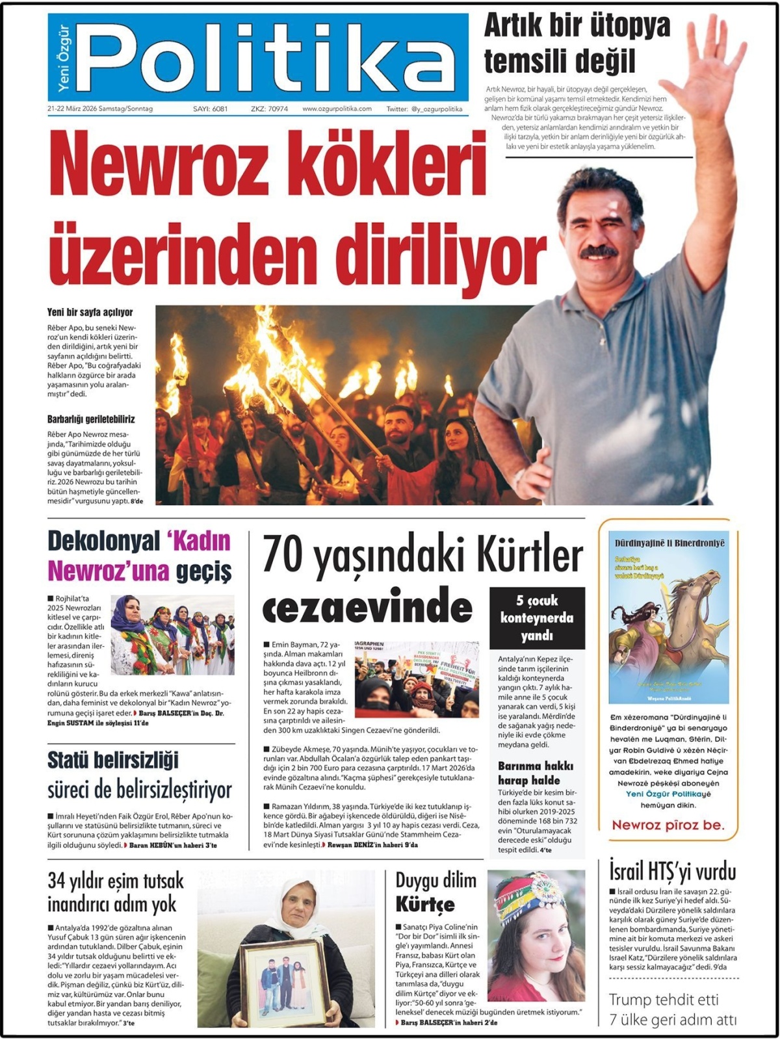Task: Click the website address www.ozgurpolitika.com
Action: point(337,109)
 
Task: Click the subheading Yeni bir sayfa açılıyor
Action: point(90,313)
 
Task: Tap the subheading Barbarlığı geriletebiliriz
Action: point(91,419)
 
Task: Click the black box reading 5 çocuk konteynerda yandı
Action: point(537,617)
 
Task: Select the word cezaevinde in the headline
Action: point(367,608)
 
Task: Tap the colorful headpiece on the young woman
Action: point(532,897)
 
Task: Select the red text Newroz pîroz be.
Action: point(668,825)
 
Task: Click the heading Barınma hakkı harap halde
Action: point(528,773)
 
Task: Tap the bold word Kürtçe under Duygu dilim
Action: point(425,904)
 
